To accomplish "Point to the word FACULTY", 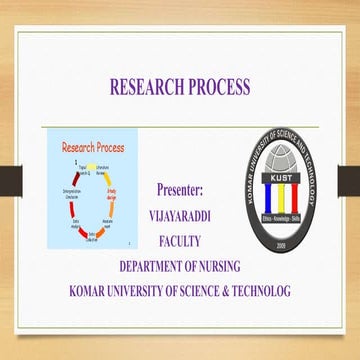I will [180, 241].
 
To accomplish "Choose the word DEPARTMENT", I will [155, 266].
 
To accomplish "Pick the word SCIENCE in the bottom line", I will [199, 291].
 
